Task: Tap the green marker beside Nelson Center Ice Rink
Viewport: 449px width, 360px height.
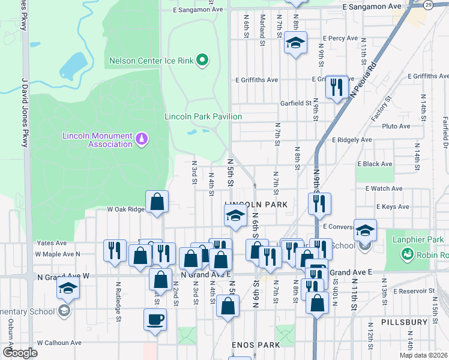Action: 202,60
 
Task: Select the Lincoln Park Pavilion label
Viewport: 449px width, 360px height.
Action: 203,116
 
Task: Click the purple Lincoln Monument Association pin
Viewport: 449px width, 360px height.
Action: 142,140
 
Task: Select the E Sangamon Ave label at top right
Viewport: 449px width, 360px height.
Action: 371,5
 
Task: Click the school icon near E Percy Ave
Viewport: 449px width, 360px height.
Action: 295,43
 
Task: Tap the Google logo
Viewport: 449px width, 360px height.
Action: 20,353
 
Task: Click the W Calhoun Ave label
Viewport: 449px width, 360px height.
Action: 59,343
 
